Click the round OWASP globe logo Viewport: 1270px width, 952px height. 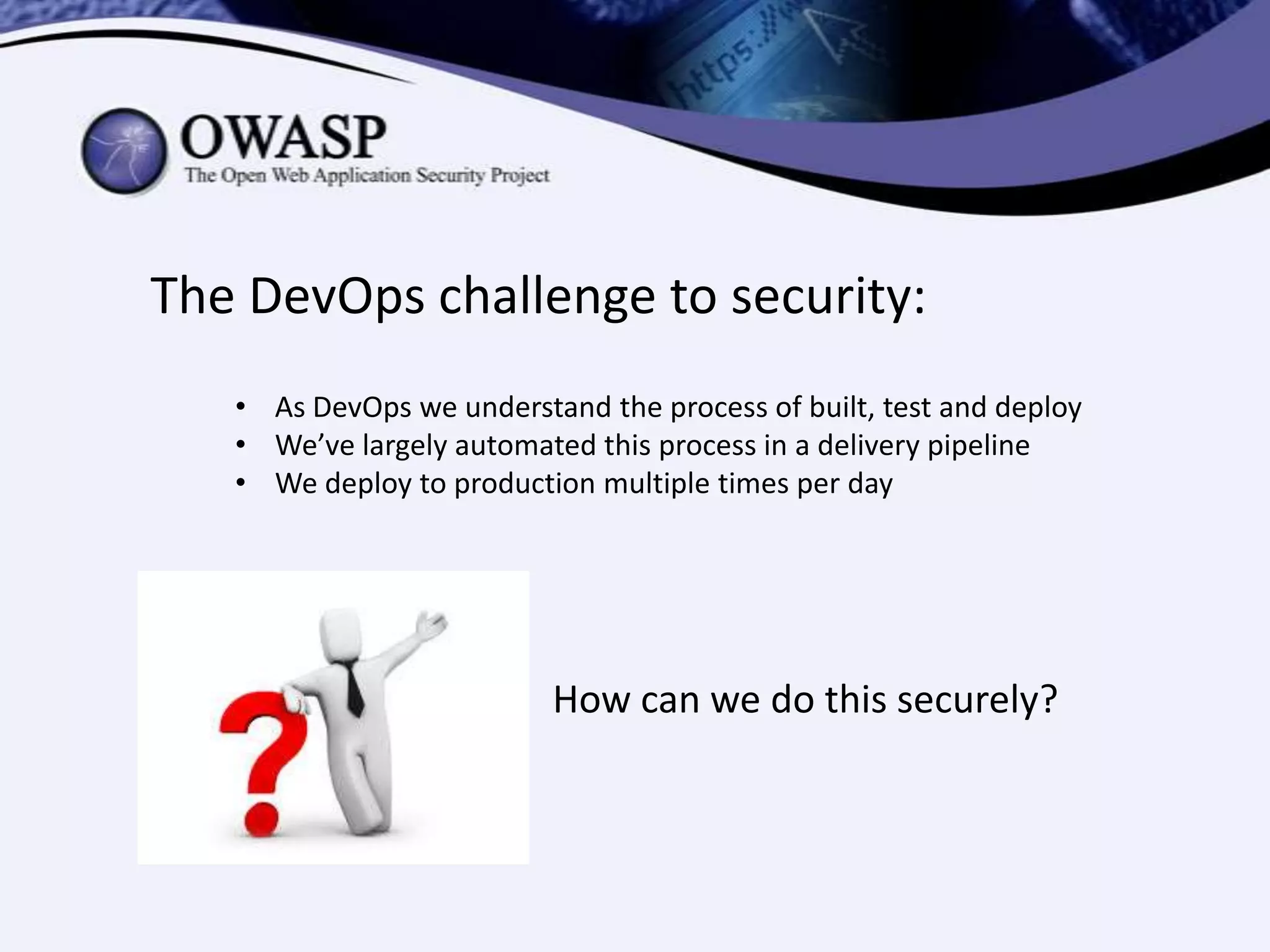[124, 151]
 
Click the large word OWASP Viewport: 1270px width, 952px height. [283, 138]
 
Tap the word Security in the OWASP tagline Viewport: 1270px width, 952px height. [450, 176]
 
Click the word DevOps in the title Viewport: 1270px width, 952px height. [337, 296]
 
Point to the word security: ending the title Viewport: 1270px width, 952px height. [828, 296]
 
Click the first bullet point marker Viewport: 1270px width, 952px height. [241, 408]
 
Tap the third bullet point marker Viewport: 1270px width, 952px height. [241, 483]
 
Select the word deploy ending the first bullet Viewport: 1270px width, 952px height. [1038, 408]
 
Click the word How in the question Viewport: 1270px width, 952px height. [592, 700]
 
